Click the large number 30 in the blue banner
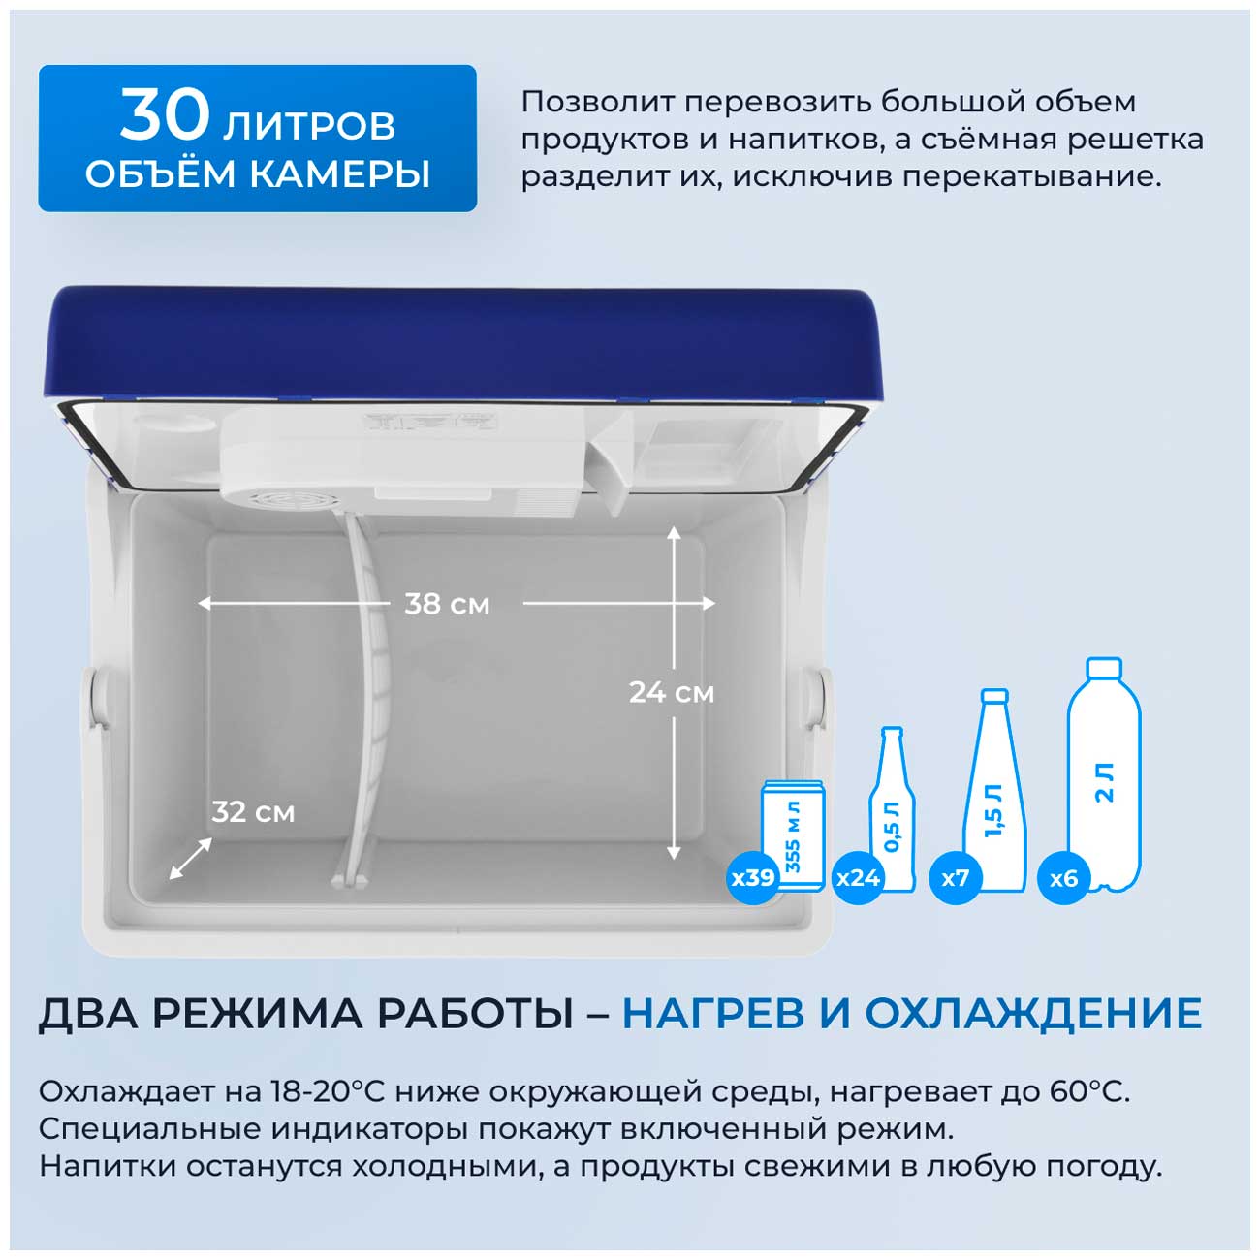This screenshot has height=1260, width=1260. pos(165,115)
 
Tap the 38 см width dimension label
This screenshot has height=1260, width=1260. pos(447,604)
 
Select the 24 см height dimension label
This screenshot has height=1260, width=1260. pos(672,692)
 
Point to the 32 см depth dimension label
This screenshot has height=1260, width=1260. pos(253,812)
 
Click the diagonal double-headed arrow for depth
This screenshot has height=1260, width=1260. pos(190,859)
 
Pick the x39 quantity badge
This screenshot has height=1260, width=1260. pos(752,877)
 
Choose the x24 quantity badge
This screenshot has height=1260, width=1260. pos(858,877)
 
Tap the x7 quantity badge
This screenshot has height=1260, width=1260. pos(956,877)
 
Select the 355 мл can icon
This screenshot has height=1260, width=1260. pos(794,835)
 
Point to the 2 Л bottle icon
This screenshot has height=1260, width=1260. pos(1104,774)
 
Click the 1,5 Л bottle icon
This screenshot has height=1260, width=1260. pos(993,790)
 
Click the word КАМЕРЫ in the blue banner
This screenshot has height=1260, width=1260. pos(339,173)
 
